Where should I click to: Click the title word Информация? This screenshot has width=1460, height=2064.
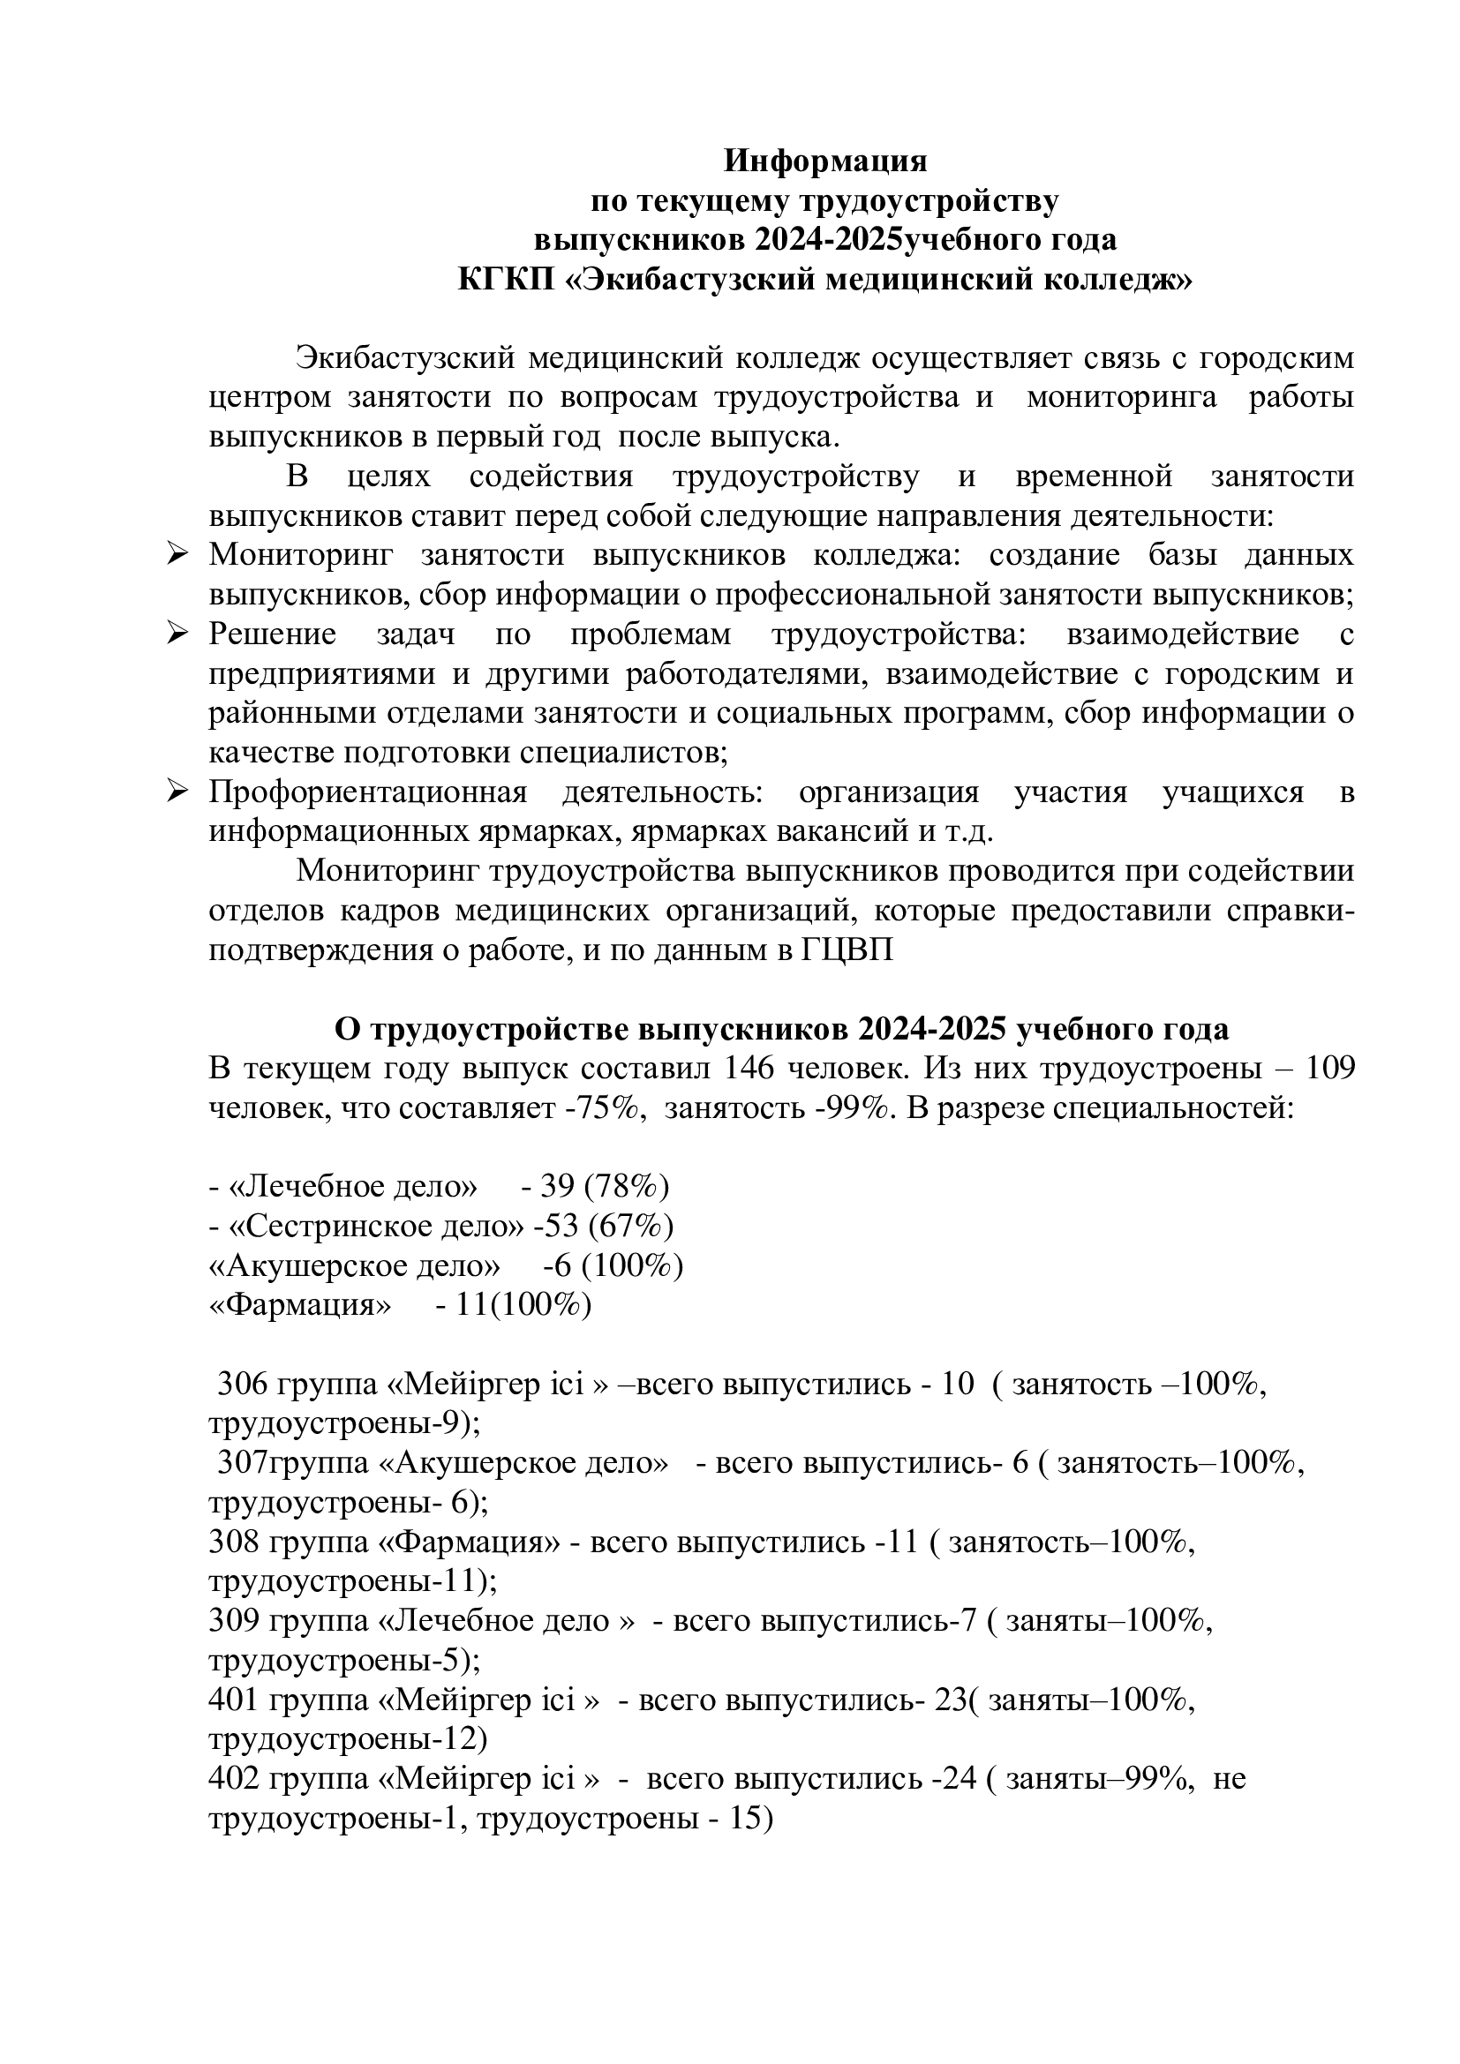click(825, 161)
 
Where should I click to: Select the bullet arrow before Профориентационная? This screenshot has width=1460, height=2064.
click(177, 792)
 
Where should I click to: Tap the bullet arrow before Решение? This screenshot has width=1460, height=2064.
click(177, 634)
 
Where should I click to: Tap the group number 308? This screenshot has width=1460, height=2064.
click(235, 1542)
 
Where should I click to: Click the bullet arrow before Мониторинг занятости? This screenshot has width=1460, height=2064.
click(177, 555)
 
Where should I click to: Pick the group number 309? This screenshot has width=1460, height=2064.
click(235, 1622)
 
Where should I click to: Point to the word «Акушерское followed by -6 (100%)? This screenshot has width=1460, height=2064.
click(305, 1265)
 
